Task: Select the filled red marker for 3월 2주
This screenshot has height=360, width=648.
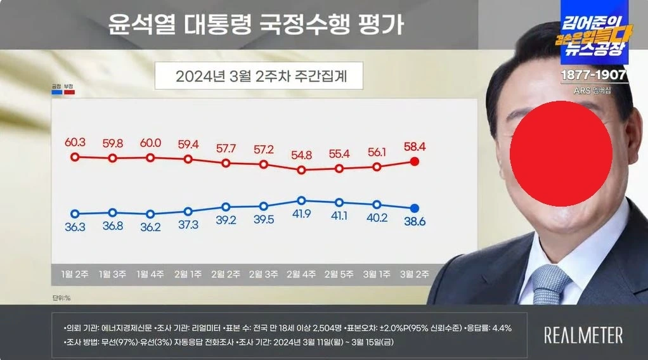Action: [x=415, y=162]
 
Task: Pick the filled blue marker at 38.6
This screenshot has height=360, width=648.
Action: [x=415, y=208]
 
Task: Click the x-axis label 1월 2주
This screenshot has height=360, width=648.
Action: [x=75, y=274]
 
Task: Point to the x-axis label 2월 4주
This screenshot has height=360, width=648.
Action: [x=302, y=274]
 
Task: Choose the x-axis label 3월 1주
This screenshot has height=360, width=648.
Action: [x=377, y=274]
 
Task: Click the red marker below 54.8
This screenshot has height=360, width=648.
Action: [x=302, y=170]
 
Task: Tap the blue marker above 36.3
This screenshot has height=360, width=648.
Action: [x=75, y=214]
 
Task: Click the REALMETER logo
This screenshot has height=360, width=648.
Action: [x=583, y=335]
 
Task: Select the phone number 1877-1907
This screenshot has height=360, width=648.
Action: [x=594, y=75]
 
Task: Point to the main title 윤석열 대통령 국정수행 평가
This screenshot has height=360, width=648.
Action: [x=256, y=25]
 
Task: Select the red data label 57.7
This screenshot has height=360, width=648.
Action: [x=226, y=148]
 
